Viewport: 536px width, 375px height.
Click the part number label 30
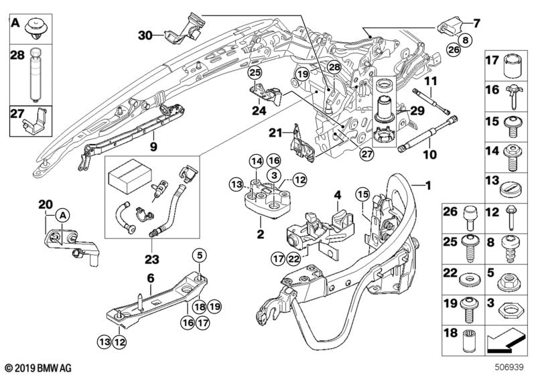[146, 34]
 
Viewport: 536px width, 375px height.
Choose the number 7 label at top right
[477, 23]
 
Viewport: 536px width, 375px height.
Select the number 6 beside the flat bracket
[151, 277]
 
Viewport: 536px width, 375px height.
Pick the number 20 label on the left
[45, 204]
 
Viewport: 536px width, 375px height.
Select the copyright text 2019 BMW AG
[31, 367]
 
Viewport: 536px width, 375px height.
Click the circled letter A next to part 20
[62, 215]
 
